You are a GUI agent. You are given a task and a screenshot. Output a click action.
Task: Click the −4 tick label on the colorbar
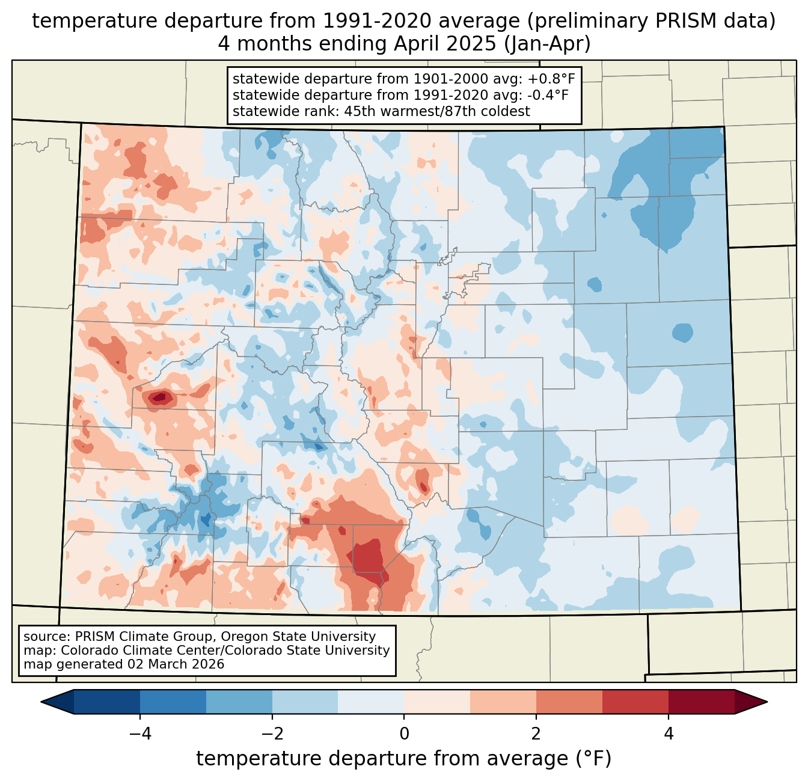click(x=140, y=734)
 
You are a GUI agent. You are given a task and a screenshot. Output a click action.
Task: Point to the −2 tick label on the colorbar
click(x=272, y=734)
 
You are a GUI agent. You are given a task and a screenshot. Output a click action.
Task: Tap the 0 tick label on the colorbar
click(x=404, y=734)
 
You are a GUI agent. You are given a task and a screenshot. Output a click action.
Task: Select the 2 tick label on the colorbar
click(x=536, y=734)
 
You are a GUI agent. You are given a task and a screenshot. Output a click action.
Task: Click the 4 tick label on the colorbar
click(x=669, y=734)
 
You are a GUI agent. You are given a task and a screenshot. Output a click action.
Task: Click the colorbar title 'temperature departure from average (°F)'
click(x=404, y=759)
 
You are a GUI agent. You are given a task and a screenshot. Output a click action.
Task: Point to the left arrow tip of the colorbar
click(x=41, y=702)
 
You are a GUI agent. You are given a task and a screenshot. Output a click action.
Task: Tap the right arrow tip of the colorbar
click(x=767, y=702)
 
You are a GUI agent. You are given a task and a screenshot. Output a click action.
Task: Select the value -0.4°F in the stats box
click(x=548, y=95)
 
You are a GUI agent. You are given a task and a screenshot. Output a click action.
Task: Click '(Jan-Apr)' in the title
click(x=547, y=44)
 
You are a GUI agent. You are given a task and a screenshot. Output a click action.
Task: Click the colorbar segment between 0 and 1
click(x=437, y=702)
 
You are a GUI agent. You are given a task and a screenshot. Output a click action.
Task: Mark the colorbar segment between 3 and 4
click(x=635, y=702)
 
